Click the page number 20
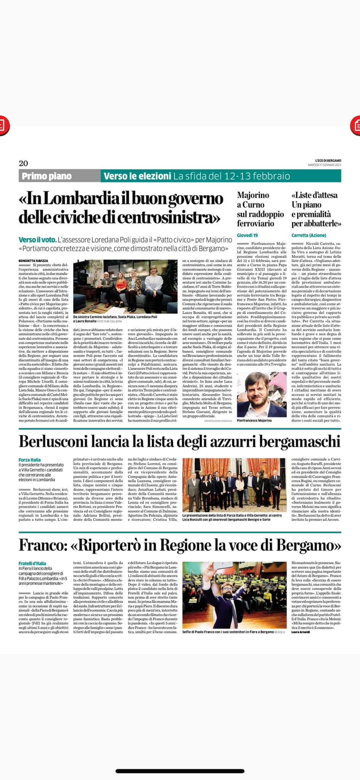point(23,163)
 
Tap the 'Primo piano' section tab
point(46,176)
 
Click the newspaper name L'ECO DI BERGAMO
point(328,160)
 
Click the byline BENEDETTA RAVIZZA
point(34,261)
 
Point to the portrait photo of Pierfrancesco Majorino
point(261,395)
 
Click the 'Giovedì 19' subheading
point(247,235)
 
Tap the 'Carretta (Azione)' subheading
point(309,235)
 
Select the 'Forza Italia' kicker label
point(30,460)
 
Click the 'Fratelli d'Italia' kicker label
point(32,563)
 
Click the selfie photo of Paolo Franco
point(234,595)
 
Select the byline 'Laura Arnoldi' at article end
point(301,633)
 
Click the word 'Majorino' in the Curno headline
point(253,195)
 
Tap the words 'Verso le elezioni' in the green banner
point(137,176)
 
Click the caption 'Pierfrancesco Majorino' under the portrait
point(254,420)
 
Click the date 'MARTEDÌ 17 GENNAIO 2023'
point(325,165)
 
